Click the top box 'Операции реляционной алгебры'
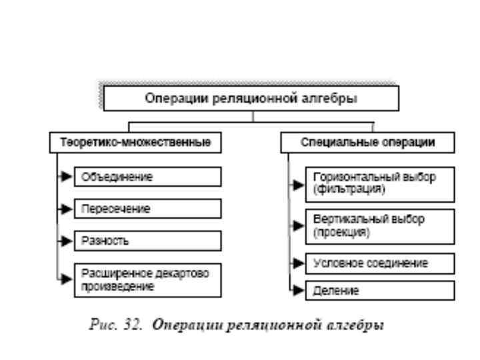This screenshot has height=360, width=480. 251,98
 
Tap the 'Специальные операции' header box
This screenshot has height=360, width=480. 367,143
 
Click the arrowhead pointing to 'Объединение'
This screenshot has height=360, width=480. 67,177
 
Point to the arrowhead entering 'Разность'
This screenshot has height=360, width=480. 67,240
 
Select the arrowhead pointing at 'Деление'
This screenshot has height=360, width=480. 298,291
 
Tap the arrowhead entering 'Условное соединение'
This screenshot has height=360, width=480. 298,263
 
